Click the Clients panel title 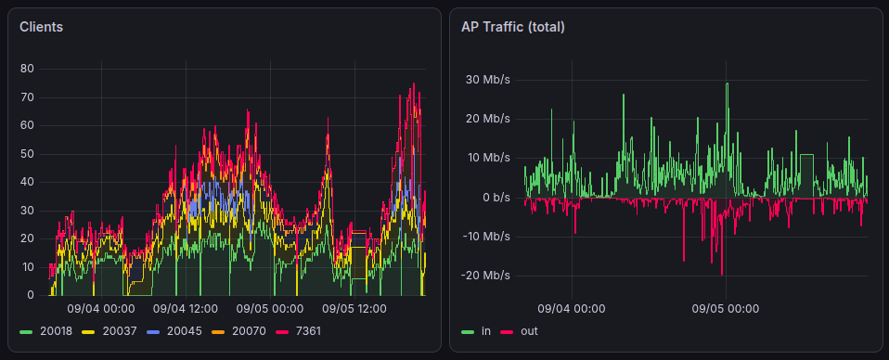point(41,27)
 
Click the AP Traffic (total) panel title point(512,27)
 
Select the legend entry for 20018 point(45,330)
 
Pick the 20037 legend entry point(110,330)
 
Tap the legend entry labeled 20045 point(174,330)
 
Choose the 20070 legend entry point(238,330)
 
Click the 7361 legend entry point(298,330)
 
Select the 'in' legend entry point(476,330)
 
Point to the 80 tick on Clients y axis point(27,70)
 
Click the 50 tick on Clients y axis point(27,154)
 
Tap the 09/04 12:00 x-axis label point(186,309)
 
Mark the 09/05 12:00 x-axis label point(354,309)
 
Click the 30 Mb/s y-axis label point(487,80)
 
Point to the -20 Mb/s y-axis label point(485,276)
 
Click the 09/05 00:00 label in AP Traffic point(726,309)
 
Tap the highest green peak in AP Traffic point(727,84)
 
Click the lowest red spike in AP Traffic point(722,275)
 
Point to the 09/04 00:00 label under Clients point(101,309)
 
